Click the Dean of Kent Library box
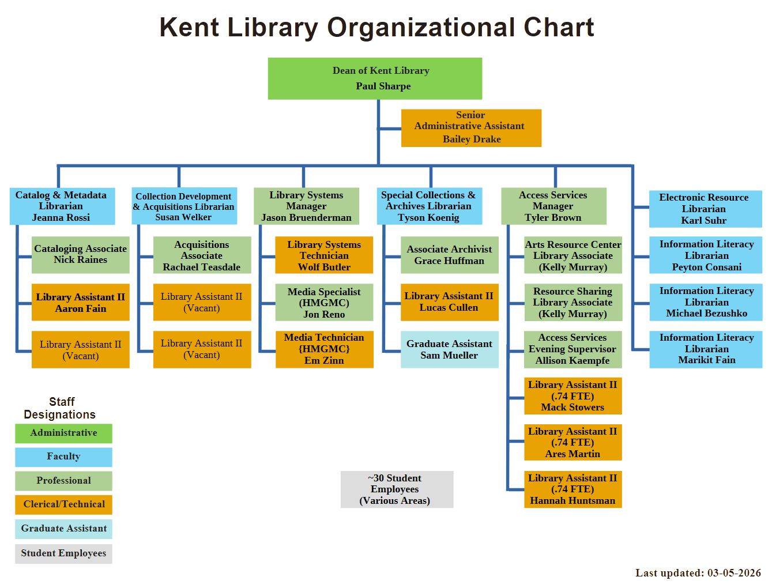point(375,78)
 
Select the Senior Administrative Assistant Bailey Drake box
point(471,127)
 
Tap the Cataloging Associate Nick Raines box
point(80,254)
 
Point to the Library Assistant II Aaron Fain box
point(80,302)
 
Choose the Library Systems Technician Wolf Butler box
point(324,255)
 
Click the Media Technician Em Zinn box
point(324,349)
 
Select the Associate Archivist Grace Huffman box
point(449,255)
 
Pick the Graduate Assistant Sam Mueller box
point(449,349)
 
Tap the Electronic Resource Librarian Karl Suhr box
point(705,209)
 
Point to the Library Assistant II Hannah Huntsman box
point(573,489)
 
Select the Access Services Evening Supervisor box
point(573,349)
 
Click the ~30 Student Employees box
point(397,489)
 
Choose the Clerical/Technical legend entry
point(63,504)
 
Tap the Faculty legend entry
point(63,457)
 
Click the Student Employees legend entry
point(63,553)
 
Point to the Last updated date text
point(697,572)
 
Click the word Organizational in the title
point(420,27)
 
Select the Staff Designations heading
point(59,408)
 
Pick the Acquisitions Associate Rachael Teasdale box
point(202,255)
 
